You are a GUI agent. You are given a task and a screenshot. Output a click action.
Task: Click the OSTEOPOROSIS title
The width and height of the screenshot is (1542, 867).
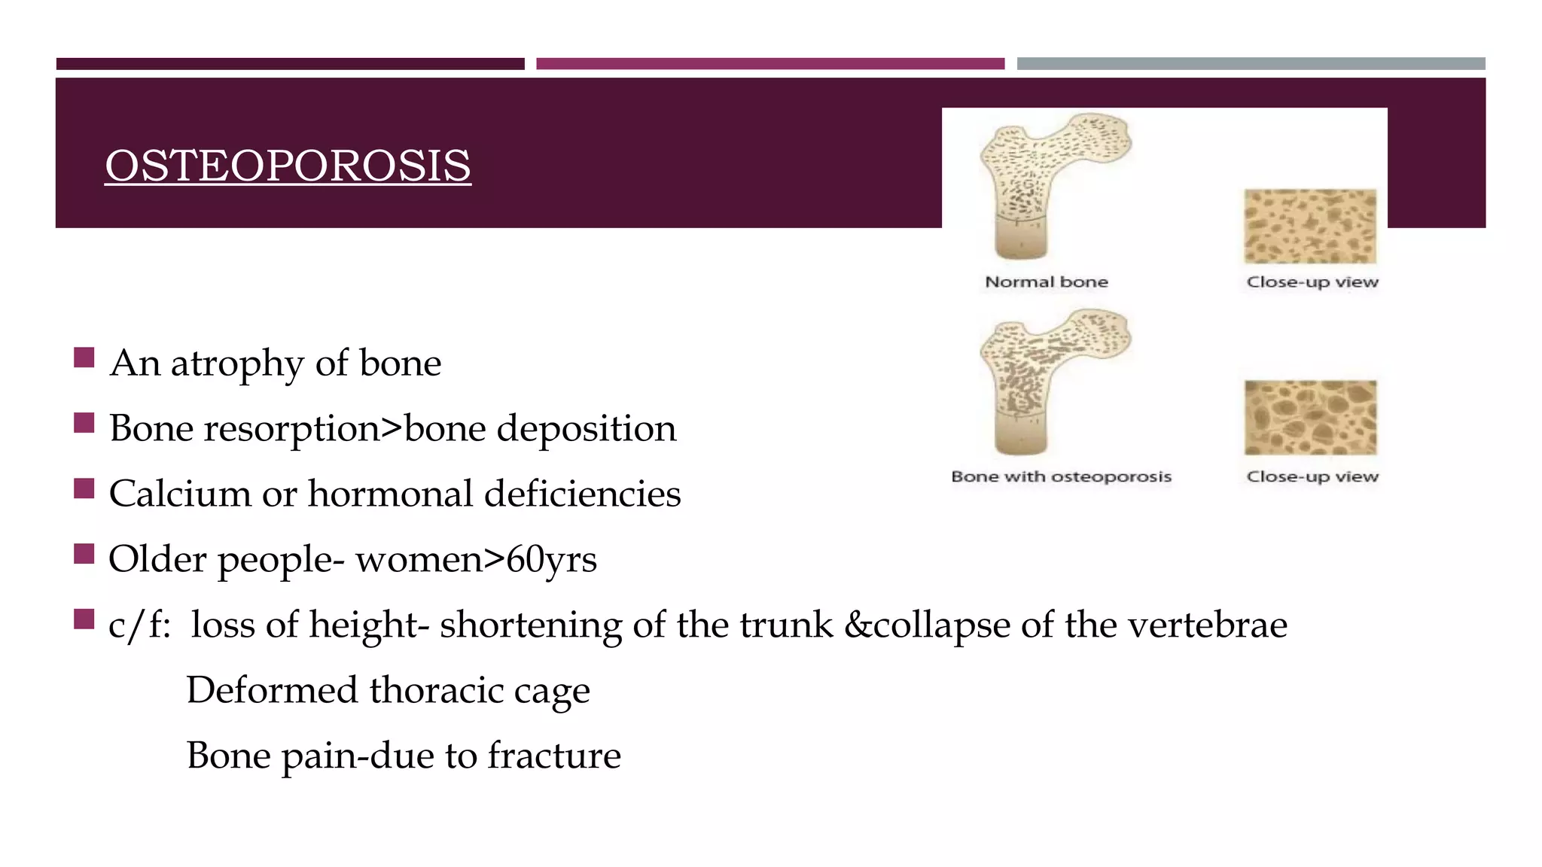click(288, 166)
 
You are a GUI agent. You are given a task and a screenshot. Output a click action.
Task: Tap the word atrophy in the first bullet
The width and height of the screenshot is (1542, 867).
click(236, 364)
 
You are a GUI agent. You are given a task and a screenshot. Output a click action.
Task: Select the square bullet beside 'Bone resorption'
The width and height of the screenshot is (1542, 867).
click(84, 423)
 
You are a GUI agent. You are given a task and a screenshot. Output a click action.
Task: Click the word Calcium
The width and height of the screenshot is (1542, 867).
click(180, 494)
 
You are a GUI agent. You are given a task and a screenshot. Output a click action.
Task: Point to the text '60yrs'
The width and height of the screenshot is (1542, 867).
click(551, 560)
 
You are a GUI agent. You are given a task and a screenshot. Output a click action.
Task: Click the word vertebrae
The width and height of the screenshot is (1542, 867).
click(1207, 625)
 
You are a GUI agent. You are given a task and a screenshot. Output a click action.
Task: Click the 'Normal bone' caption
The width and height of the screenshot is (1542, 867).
click(1047, 282)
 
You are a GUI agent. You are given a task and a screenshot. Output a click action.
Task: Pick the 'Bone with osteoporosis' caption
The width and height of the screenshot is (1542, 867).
click(1061, 476)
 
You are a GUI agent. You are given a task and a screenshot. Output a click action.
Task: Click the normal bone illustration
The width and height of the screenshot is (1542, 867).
click(1047, 184)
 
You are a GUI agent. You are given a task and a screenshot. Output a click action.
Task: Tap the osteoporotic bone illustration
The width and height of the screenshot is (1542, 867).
click(1047, 380)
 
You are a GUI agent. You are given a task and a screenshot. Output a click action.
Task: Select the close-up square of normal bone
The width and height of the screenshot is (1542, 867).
click(1310, 226)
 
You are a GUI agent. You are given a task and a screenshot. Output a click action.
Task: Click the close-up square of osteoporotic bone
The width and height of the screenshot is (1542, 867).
click(1310, 418)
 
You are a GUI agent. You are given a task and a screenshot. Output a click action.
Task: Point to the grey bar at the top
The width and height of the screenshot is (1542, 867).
click(1251, 64)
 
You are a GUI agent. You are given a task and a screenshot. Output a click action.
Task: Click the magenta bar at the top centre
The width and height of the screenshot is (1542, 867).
click(770, 64)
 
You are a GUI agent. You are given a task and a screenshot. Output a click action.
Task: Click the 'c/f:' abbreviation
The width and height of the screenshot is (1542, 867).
click(139, 625)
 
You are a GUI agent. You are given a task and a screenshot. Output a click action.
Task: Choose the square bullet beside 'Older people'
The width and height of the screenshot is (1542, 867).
click(84, 554)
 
